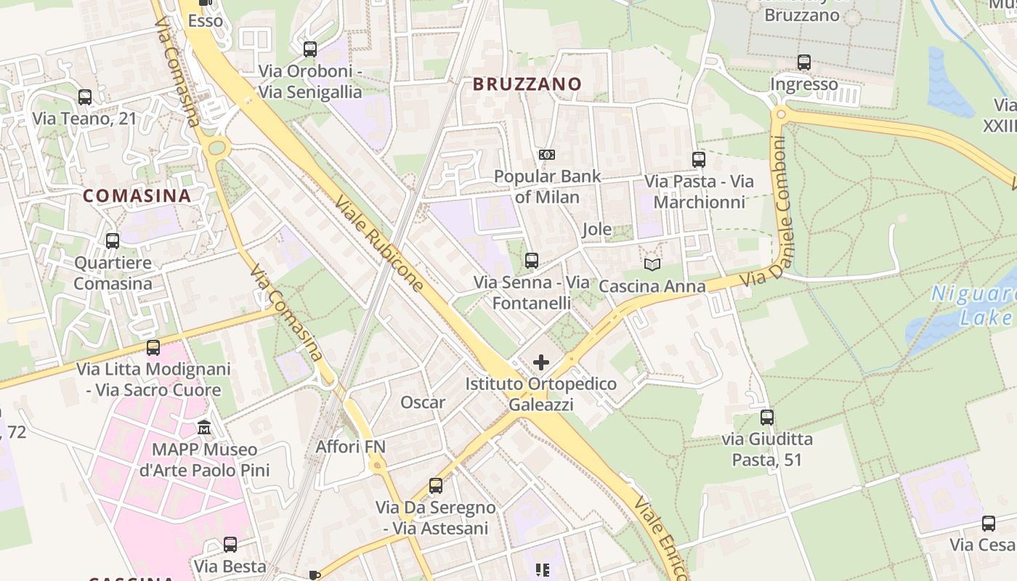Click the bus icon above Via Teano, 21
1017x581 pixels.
(x=85, y=97)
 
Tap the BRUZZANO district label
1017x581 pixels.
(x=527, y=84)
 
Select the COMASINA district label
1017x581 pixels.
(x=137, y=195)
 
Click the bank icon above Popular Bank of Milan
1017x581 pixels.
(x=547, y=155)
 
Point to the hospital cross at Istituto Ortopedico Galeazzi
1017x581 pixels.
(x=541, y=362)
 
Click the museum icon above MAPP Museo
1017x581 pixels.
(x=204, y=428)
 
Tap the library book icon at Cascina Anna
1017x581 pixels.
(x=652, y=265)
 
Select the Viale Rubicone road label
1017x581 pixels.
(x=380, y=243)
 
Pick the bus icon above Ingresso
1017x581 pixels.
(x=803, y=62)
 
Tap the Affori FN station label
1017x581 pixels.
(x=350, y=447)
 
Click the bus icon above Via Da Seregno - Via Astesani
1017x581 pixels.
(x=436, y=486)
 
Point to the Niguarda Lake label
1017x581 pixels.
(x=973, y=306)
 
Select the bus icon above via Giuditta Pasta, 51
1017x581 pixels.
(x=767, y=418)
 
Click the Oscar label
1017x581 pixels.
(x=423, y=402)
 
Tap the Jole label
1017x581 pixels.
(x=597, y=230)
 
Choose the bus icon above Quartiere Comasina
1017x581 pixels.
(x=113, y=241)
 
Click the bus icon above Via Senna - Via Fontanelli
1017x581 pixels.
(x=532, y=260)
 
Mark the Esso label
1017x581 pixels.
(x=206, y=21)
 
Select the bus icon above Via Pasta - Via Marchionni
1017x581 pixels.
(x=699, y=160)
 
